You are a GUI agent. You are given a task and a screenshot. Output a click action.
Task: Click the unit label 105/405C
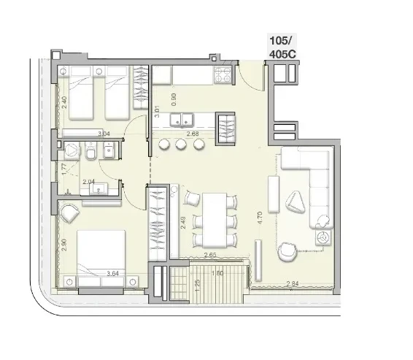(282, 47)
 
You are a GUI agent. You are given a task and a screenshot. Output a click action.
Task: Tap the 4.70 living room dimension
(260, 218)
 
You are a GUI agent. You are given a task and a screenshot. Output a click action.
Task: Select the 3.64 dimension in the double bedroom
(112, 274)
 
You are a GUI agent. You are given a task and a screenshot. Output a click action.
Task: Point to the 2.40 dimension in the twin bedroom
(64, 102)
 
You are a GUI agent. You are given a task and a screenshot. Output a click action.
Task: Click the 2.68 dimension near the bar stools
(193, 134)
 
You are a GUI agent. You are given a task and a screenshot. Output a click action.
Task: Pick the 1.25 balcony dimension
(198, 286)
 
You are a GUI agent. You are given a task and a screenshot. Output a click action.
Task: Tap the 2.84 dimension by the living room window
(293, 283)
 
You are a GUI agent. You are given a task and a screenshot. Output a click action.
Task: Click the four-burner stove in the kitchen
(223, 74)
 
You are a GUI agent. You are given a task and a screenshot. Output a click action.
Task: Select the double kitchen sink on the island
(182, 120)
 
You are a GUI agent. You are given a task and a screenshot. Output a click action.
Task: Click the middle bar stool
(181, 144)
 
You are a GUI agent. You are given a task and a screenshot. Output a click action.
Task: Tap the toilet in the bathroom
(91, 151)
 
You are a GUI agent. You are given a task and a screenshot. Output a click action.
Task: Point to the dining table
(215, 221)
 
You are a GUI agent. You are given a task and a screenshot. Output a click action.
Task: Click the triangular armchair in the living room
(295, 202)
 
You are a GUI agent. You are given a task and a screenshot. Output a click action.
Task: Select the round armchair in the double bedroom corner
(69, 213)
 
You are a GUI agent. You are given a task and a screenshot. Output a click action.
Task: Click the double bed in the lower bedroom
(101, 258)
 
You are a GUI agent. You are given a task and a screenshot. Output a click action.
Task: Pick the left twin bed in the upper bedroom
(81, 93)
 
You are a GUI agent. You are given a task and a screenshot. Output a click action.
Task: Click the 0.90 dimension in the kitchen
(174, 99)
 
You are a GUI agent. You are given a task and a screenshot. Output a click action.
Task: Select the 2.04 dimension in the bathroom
(89, 182)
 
